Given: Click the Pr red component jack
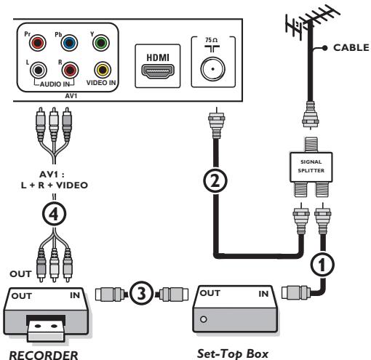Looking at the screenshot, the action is point(38,43).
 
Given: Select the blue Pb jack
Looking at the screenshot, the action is point(69,43).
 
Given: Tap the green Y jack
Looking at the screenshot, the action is point(101,43).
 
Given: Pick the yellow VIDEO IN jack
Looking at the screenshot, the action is point(103,70).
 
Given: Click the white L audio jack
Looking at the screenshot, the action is point(39,70).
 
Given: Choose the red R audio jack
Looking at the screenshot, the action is point(70,70).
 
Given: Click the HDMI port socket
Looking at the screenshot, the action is point(158,71).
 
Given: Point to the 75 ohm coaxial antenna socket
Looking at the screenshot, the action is point(213,69).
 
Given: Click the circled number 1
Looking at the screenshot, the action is point(322,264).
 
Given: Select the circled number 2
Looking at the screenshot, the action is point(215,181).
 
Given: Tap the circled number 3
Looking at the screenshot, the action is point(141,293).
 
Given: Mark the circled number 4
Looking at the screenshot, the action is point(55,214).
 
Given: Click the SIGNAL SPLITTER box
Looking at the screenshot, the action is point(311,167).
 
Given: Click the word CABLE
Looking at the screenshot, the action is point(351,47).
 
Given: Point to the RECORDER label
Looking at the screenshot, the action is point(44,355).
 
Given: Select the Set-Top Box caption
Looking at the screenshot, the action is point(233,353).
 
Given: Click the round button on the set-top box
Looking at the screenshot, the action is point(204,319).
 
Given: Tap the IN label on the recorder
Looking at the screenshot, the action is point(75,295).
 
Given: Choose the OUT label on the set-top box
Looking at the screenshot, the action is point(210,293).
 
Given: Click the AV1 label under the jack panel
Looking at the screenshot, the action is point(71,96).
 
